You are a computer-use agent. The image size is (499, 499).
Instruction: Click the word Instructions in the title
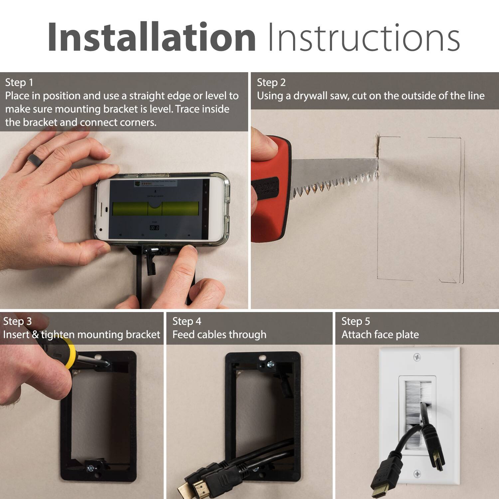pos(364,37)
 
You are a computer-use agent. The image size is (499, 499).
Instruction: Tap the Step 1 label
pos(19,83)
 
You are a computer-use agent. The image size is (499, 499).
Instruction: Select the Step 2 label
pos(271,83)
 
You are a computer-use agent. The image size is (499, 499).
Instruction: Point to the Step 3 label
pos(17,321)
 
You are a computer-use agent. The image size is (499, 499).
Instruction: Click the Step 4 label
pos(187,321)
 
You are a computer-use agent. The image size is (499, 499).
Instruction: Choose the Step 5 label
pos(356,321)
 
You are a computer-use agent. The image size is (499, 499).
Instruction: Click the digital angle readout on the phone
pos(154,228)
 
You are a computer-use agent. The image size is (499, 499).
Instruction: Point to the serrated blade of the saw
pos(333,176)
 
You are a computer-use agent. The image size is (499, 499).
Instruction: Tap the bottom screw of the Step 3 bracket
pos(90,468)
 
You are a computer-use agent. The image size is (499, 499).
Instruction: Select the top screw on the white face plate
pos(417,358)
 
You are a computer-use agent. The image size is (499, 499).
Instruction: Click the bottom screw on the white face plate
pos(417,474)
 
